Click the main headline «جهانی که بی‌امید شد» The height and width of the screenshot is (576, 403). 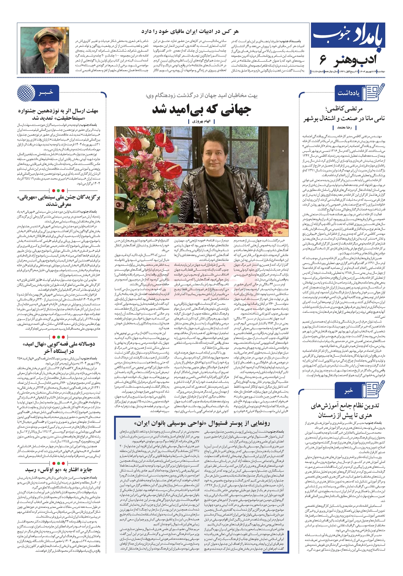(x=201, y=109)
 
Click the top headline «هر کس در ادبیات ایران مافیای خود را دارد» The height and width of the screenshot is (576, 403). (x=190, y=31)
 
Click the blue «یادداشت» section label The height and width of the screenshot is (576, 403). (x=349, y=93)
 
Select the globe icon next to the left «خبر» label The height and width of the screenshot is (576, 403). (x=26, y=93)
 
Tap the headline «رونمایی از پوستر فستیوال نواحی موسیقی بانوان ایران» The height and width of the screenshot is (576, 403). (x=202, y=423)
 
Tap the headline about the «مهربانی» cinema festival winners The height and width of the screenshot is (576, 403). (x=59, y=201)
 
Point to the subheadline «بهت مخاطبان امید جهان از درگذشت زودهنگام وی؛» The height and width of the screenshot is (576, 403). (x=201, y=96)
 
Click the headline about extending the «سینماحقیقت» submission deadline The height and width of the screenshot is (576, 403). (x=59, y=114)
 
